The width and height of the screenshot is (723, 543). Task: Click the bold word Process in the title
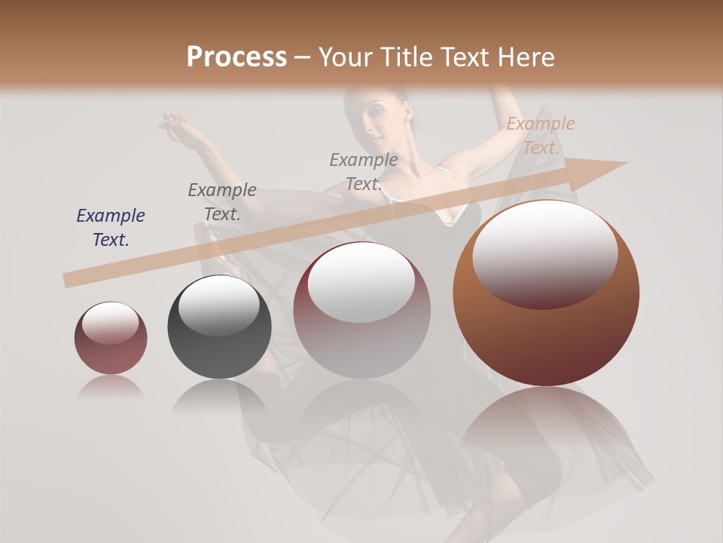tap(236, 57)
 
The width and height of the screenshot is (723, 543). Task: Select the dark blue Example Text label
tap(111, 227)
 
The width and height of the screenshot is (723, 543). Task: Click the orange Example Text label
tap(540, 136)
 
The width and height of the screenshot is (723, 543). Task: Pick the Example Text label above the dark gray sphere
tap(222, 201)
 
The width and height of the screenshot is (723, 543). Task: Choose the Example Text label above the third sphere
tap(364, 171)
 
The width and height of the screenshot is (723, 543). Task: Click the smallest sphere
tap(111, 338)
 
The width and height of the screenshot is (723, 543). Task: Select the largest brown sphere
tap(546, 293)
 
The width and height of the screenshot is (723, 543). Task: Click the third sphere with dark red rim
tap(362, 310)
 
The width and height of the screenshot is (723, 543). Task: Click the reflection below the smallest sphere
tap(111, 387)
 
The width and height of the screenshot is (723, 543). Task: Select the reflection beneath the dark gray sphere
tap(218, 395)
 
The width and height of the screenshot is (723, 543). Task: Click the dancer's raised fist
tap(175, 119)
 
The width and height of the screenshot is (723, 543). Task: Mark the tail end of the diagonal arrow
tap(68, 280)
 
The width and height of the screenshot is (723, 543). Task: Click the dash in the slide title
tap(303, 57)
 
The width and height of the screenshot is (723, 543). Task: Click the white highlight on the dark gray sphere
tap(218, 305)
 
